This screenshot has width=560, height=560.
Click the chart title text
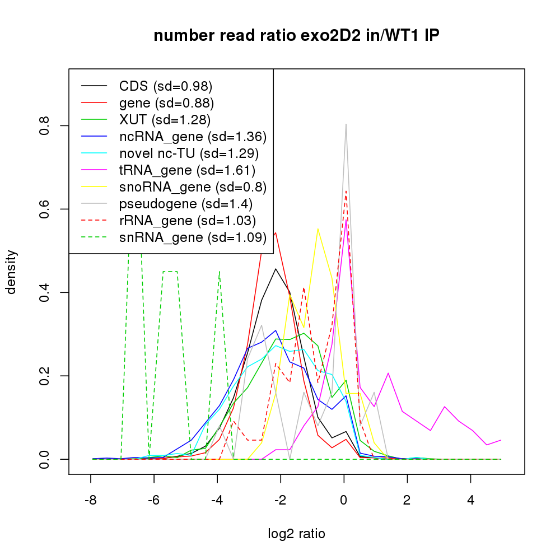(x=296, y=36)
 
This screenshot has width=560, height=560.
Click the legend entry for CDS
(x=165, y=86)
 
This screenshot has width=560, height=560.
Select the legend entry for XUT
(x=165, y=120)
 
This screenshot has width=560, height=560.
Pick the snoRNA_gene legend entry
(x=192, y=187)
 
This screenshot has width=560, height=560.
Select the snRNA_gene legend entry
(x=193, y=237)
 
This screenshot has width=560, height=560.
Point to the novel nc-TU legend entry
(x=189, y=153)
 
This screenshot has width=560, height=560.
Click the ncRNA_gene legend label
(x=193, y=137)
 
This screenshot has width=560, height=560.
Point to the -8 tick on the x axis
(x=90, y=500)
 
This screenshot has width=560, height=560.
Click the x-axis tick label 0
(x=344, y=500)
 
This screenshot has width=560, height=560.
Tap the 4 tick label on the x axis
(x=470, y=500)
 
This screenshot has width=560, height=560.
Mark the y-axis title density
(x=12, y=272)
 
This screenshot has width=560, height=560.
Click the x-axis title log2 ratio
(x=296, y=534)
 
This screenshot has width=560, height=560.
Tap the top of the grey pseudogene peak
(x=346, y=124)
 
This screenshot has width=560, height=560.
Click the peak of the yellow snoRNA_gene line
(x=318, y=228)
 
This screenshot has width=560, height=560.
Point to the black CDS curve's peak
(x=276, y=269)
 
